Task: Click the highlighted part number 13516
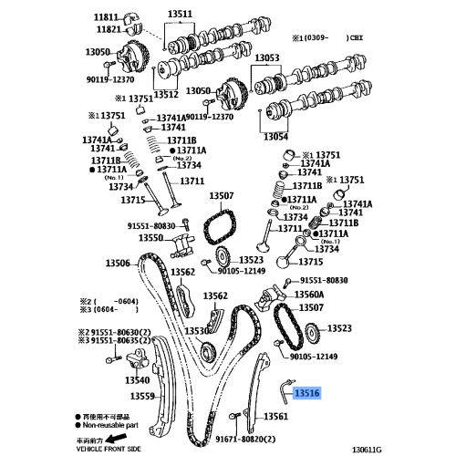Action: [x=307, y=393]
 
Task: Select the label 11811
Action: [x=106, y=17]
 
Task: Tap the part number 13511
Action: [x=180, y=14]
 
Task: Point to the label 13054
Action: [x=275, y=137]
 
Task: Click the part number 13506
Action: [x=118, y=263]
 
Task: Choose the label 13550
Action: [x=151, y=238]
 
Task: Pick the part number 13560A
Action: [x=309, y=295]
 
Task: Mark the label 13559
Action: [x=142, y=396]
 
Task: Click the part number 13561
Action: [x=275, y=416]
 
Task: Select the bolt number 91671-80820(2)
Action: [x=245, y=439]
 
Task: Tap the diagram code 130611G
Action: [x=367, y=450]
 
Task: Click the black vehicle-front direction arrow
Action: [x=118, y=439]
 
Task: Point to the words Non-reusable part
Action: [x=110, y=425]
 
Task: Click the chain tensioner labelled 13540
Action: [x=138, y=359]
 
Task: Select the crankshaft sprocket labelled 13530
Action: [x=208, y=352]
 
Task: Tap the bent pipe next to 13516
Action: [x=285, y=392]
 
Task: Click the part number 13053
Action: [x=267, y=57]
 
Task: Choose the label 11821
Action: [x=109, y=29]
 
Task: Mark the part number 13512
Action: [x=166, y=94]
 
